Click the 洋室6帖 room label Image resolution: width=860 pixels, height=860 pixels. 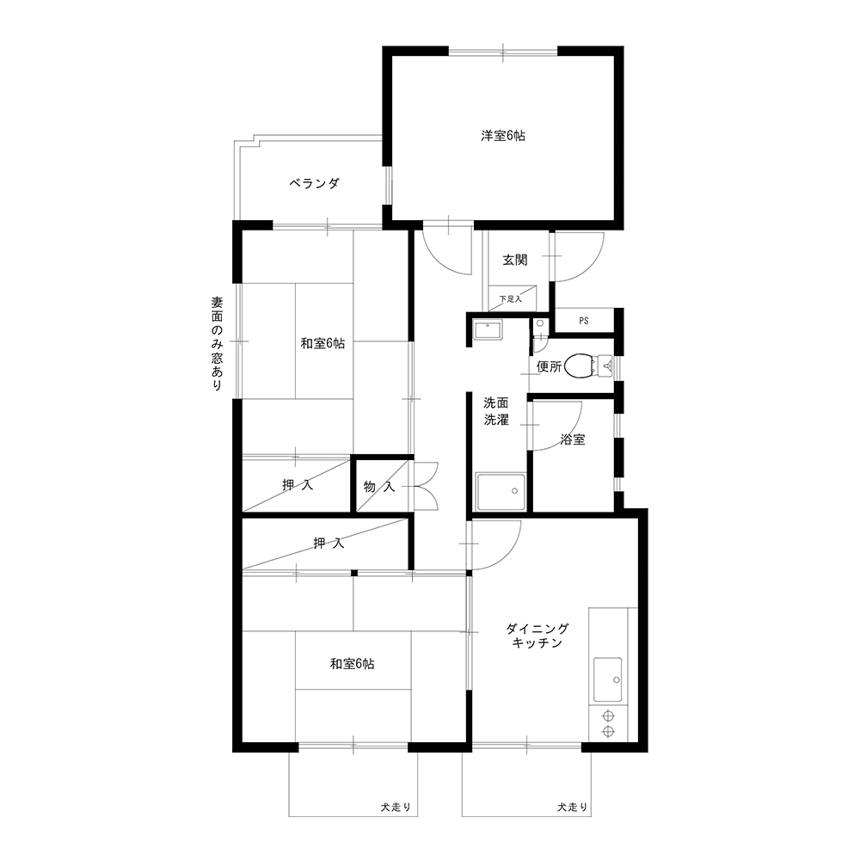point(503,136)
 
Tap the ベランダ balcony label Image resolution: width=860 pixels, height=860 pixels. point(314,183)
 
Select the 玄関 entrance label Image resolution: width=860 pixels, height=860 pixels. point(515,260)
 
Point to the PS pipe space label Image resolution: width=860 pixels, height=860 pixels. point(584,321)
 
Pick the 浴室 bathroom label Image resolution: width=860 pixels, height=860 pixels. point(573,439)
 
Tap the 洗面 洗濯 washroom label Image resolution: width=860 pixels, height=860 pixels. point(496,411)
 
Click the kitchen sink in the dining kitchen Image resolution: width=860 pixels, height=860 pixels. point(608,680)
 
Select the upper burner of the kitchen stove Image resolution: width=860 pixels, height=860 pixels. point(607,716)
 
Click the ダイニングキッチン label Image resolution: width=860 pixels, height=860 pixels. point(537,636)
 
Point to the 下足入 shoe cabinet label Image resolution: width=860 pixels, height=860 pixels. point(511,299)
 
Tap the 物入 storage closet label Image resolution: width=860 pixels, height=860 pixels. point(379,487)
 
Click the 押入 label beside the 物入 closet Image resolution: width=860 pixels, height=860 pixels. point(298,485)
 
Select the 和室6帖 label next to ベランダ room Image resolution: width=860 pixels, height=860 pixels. point(322,343)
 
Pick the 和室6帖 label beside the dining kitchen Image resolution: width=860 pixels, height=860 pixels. point(352,664)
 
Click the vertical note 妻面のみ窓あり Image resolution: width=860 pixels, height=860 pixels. point(218,344)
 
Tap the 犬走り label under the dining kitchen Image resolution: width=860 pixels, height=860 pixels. point(573,808)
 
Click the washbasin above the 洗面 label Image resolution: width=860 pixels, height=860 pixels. point(488,330)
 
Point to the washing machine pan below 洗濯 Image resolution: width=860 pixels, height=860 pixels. point(501,492)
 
